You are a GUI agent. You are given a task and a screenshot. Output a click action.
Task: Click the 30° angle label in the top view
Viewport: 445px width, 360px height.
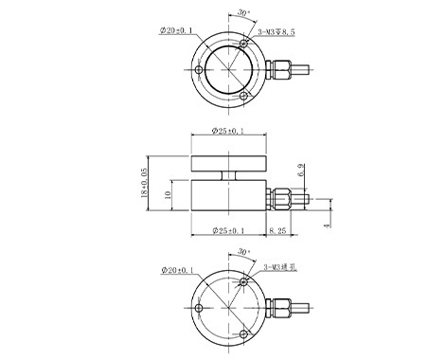coord(243,13)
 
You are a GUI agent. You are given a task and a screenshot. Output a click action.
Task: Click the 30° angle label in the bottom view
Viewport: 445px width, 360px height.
coord(243,252)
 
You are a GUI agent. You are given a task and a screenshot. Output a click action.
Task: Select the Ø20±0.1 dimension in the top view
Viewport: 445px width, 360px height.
coord(176,30)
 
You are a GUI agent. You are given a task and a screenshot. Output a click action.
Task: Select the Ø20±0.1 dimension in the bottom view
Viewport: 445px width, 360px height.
coord(177,270)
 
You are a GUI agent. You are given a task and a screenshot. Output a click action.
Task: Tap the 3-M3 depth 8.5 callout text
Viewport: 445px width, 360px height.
coord(276,32)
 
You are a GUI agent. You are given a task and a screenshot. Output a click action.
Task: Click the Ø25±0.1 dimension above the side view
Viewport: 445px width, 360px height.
coord(228,131)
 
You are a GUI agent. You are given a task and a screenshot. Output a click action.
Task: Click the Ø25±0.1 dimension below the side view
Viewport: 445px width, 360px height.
coord(228,231)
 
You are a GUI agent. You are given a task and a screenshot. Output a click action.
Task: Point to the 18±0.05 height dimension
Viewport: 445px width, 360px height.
coord(144,183)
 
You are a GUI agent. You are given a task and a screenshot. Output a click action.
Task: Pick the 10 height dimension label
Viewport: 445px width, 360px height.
coord(168,195)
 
